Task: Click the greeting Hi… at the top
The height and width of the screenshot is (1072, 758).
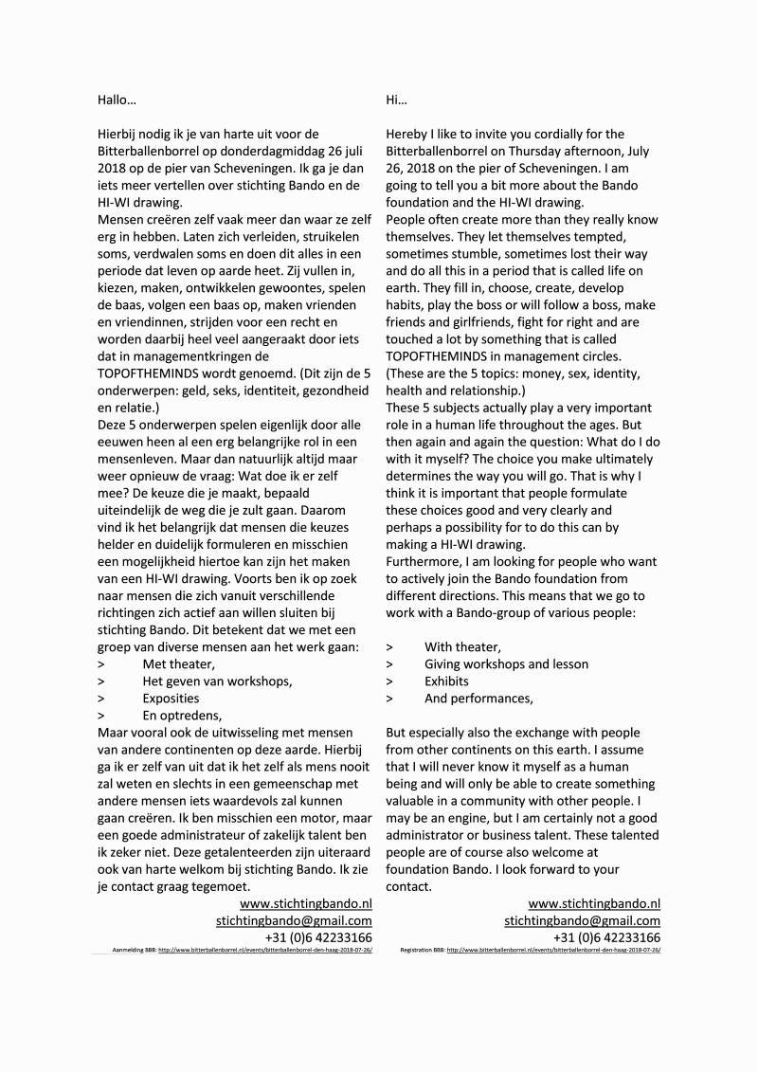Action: (396, 100)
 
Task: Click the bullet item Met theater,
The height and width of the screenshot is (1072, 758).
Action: (178, 663)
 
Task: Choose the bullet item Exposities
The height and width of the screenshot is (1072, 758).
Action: (171, 698)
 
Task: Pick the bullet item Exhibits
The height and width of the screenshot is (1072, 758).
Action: (446, 681)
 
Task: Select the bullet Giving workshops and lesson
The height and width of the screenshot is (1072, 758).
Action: (506, 663)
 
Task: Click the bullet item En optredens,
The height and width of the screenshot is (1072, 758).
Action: (182, 715)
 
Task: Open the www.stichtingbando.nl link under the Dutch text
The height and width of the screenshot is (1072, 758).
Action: (306, 903)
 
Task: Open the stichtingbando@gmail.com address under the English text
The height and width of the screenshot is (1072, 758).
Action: (582, 920)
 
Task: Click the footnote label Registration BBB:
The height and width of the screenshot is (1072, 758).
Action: (423, 949)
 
